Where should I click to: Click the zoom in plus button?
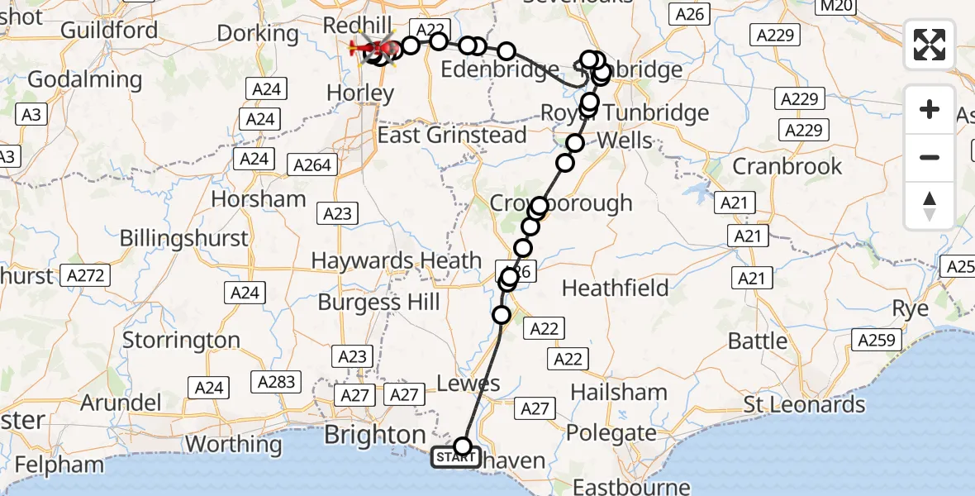click(930, 109)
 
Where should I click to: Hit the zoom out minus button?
click(930, 157)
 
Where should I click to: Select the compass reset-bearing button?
click(930, 206)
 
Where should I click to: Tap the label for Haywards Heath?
click(396, 261)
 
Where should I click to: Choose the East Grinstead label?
click(452, 135)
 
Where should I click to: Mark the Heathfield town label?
click(615, 288)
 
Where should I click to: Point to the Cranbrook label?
click(787, 166)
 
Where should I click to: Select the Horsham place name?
click(259, 199)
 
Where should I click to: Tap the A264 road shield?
click(313, 165)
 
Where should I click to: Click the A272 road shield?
click(86, 275)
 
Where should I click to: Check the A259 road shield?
click(876, 340)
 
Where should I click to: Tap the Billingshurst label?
click(183, 238)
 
